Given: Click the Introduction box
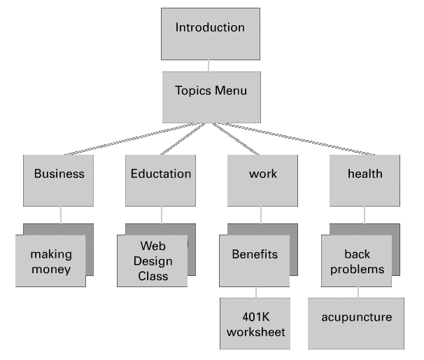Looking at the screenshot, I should (x=210, y=34).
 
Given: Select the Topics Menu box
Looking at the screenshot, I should (x=211, y=97).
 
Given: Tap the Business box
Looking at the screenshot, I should (x=59, y=180).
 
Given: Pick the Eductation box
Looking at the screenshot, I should (x=161, y=180).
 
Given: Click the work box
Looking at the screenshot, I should (x=262, y=180).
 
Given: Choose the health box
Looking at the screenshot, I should (x=365, y=180).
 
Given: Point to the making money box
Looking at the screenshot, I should (x=50, y=261).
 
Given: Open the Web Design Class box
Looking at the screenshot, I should (x=153, y=261).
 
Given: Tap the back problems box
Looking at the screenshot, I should (x=357, y=261).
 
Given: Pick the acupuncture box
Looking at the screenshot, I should (x=356, y=323).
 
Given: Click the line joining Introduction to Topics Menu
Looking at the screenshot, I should (x=209, y=66).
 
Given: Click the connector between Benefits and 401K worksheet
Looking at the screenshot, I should (x=255, y=293).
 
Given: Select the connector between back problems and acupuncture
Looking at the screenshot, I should (x=358, y=292).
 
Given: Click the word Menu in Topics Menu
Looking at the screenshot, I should (x=231, y=91).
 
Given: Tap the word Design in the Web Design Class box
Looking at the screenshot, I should (x=153, y=261).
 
